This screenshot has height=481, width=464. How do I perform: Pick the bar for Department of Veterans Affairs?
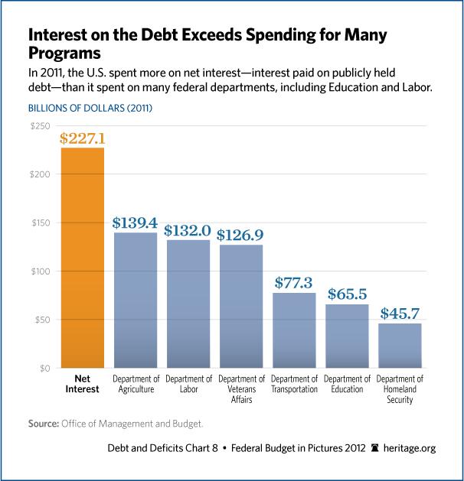[x=241, y=306]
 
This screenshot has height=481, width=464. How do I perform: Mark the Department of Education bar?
[x=347, y=336]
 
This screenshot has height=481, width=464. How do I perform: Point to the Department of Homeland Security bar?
[x=400, y=346]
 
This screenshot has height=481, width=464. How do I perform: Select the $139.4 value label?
[x=136, y=223]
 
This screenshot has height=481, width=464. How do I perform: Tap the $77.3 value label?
[x=294, y=283]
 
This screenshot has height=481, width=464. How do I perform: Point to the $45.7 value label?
[x=400, y=314]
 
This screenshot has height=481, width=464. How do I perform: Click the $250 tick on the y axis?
[x=40, y=125]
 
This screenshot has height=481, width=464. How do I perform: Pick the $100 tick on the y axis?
[x=40, y=271]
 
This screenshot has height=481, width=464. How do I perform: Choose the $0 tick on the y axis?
[x=44, y=369]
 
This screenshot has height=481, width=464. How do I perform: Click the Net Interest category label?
[x=82, y=385]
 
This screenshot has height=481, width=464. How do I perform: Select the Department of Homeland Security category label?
[x=400, y=389]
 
